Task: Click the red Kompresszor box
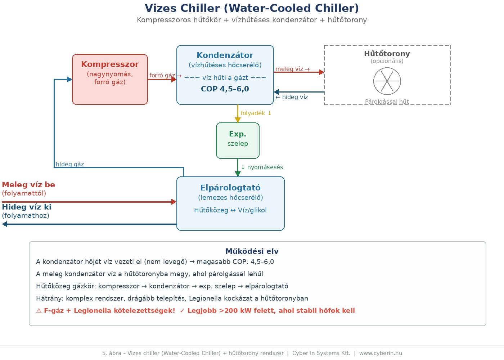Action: coord(110,79)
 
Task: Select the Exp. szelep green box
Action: coord(238,140)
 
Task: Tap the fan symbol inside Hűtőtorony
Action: coord(387,81)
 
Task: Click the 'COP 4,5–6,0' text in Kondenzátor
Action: coord(225,89)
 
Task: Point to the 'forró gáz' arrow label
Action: coord(162,75)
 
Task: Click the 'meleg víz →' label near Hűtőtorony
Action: coord(292,69)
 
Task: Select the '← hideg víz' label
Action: coord(292,97)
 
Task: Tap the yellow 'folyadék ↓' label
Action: coord(256,113)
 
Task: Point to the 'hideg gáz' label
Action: coord(70,164)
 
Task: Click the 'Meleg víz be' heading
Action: coord(28,185)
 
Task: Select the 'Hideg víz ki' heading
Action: coord(27,207)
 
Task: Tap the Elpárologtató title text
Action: coord(230,188)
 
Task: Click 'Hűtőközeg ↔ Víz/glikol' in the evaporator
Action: coord(230,210)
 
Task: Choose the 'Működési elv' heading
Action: coord(252,251)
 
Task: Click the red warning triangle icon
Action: coord(39,311)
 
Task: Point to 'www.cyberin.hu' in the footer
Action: coord(381,353)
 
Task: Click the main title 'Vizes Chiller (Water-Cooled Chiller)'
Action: coord(252,8)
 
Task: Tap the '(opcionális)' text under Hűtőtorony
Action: coord(387,61)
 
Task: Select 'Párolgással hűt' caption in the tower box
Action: coord(387,102)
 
